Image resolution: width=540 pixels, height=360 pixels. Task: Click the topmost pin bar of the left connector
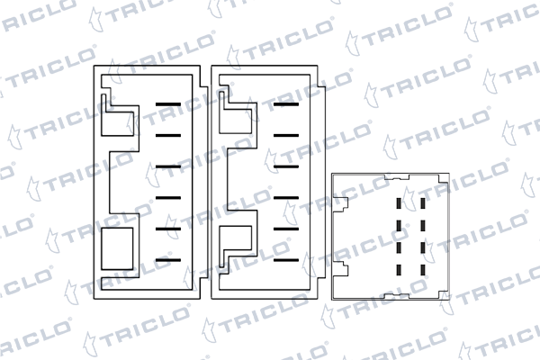click(x=169, y=105)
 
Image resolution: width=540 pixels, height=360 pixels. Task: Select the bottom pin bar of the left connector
click(x=169, y=259)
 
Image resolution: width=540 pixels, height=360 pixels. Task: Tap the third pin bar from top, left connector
click(x=169, y=166)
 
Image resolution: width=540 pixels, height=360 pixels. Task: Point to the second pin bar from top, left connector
click(x=169, y=136)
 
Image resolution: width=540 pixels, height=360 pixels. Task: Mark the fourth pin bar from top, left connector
click(x=169, y=197)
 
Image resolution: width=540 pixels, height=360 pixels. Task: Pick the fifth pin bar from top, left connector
click(x=169, y=229)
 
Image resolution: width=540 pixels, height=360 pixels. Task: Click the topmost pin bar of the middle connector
click(x=285, y=105)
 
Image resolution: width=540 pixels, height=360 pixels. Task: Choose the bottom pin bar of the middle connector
click(x=285, y=259)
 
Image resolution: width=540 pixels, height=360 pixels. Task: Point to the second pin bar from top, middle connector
click(x=285, y=136)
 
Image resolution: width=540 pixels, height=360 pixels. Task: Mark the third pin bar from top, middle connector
click(x=285, y=166)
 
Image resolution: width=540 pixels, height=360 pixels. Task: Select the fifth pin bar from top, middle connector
click(x=285, y=229)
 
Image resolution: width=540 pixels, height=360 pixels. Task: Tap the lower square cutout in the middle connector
click(x=236, y=241)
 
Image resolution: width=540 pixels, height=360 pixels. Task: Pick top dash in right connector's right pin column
click(x=423, y=205)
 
